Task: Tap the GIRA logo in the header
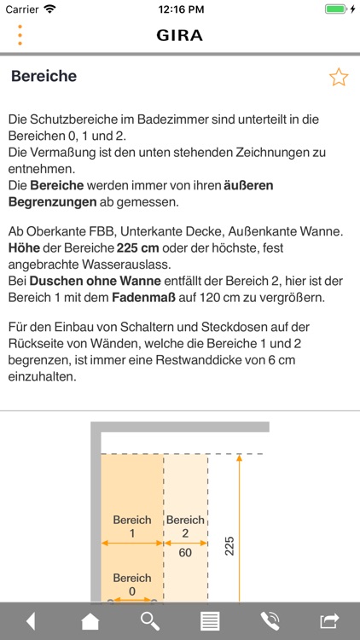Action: (x=179, y=35)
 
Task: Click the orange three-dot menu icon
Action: (x=20, y=35)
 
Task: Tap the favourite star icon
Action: (x=339, y=78)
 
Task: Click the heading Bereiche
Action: (x=44, y=76)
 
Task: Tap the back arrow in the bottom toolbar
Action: (x=31, y=621)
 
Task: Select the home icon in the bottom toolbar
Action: (x=90, y=621)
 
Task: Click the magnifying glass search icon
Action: (x=150, y=621)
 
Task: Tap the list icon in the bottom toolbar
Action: (x=210, y=621)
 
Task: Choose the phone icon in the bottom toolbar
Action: (x=270, y=621)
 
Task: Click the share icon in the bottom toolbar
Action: (x=329, y=621)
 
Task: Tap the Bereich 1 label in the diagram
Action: (x=132, y=526)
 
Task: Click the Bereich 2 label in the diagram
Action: (x=185, y=526)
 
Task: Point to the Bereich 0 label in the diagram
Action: (x=132, y=584)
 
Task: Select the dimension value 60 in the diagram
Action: (x=185, y=552)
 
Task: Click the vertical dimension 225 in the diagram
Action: (x=229, y=546)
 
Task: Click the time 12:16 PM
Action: (x=179, y=9)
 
